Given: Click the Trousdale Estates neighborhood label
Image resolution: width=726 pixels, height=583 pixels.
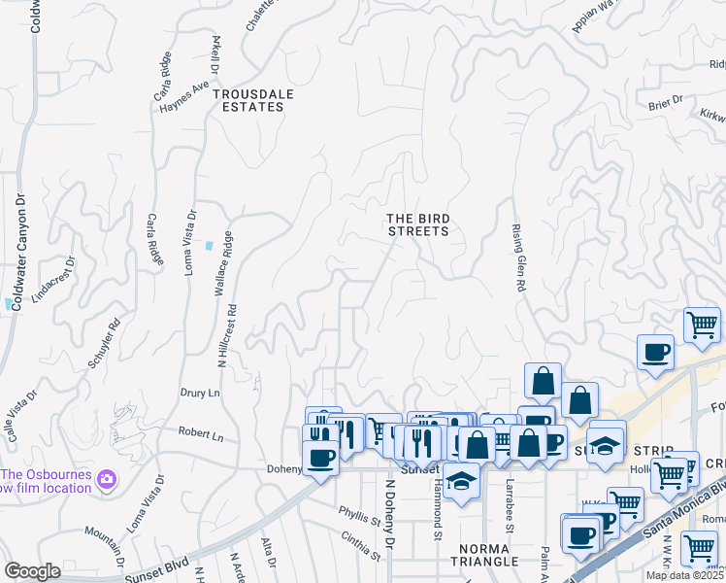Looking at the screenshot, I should pos(248,100).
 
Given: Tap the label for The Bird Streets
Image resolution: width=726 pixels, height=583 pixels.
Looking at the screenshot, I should pos(418,224).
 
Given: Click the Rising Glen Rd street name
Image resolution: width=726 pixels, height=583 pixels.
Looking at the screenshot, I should pos(518,258).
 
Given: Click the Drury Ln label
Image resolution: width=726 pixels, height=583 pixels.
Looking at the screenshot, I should pos(201,394).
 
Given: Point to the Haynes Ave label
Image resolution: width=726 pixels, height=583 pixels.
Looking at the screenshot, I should pos(184,95).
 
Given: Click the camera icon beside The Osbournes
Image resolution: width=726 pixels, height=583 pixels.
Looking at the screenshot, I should pos(106,479).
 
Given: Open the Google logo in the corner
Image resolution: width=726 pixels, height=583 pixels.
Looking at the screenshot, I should pos(33,571).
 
